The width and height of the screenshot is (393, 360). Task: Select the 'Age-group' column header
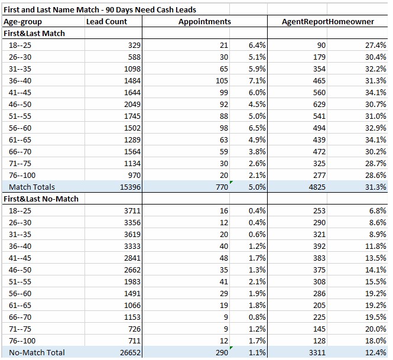point(22,21)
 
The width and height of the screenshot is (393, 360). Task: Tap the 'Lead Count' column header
point(106,21)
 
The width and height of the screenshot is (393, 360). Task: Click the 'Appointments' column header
point(204,21)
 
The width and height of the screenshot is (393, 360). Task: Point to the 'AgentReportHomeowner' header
point(329,21)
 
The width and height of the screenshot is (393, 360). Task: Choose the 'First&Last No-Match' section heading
point(41,199)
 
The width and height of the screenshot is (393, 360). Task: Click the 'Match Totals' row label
point(31,187)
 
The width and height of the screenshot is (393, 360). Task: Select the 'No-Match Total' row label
point(37,352)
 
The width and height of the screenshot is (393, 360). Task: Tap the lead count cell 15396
point(128,187)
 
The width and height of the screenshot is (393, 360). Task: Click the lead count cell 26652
point(128,352)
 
